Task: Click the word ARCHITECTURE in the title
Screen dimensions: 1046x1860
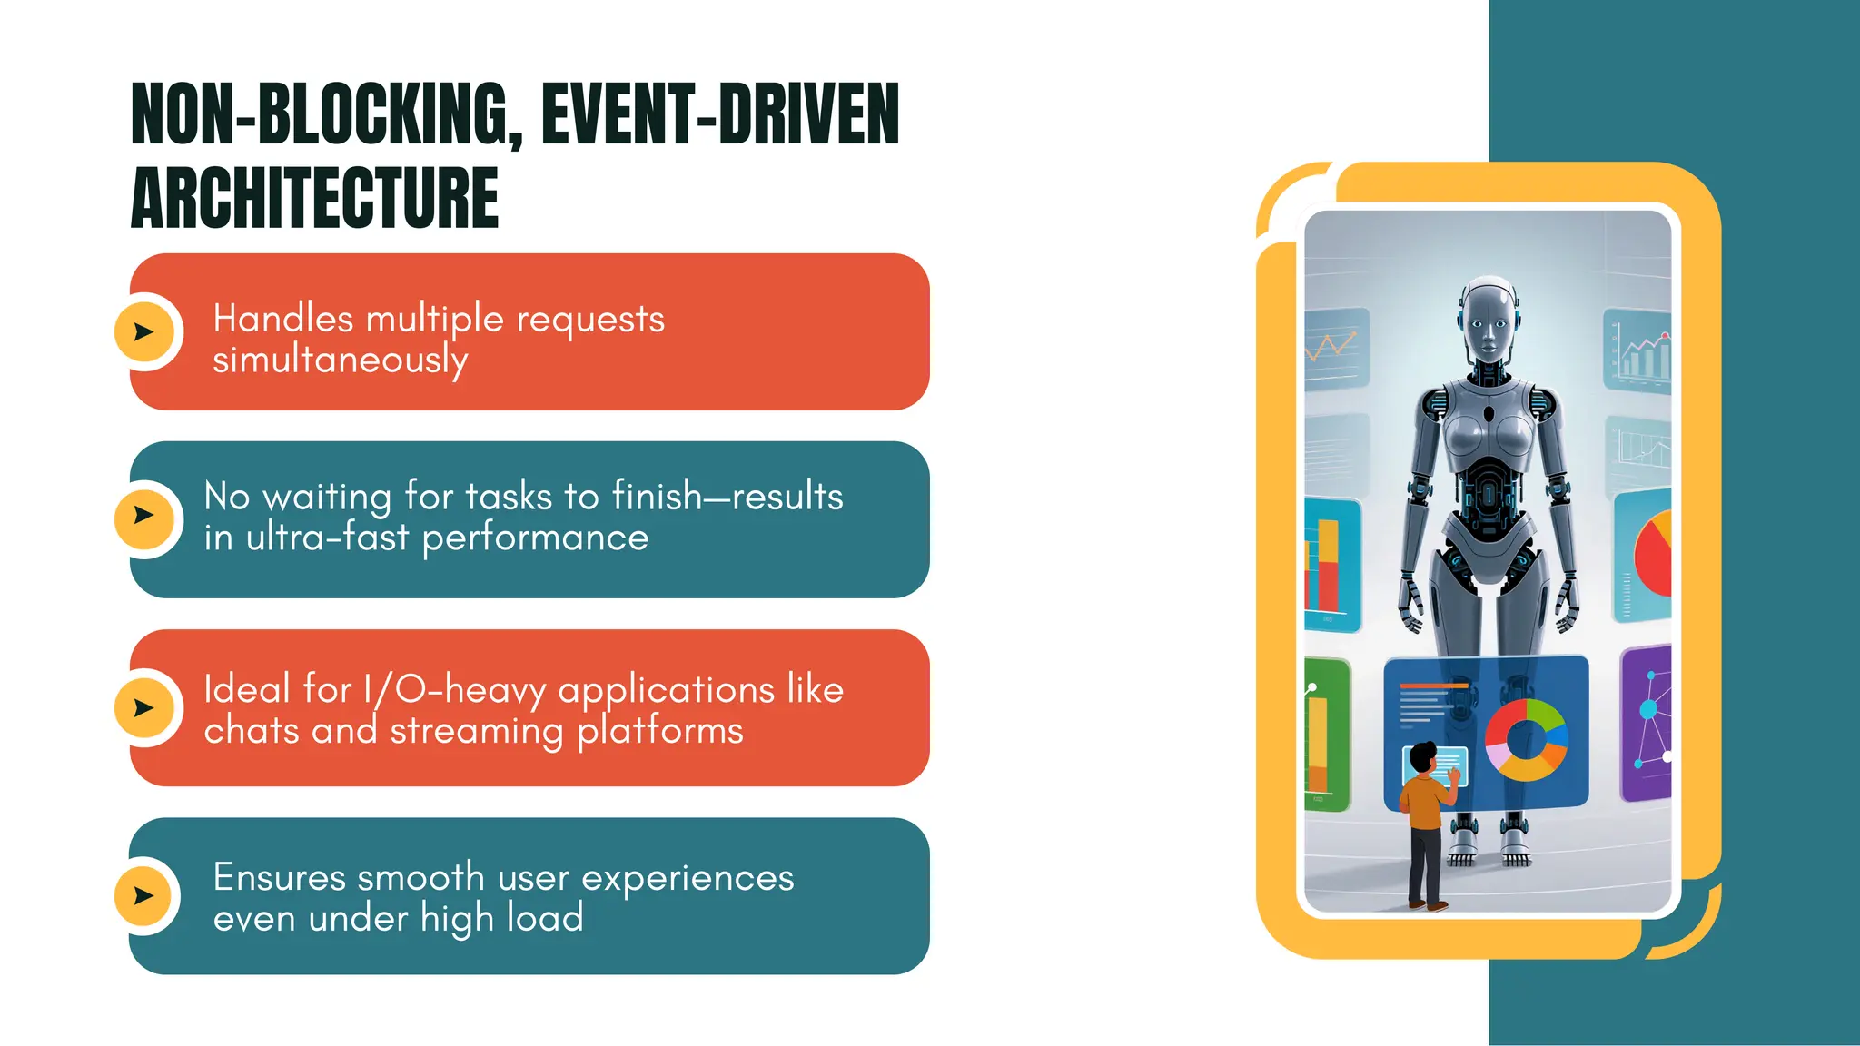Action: click(315, 197)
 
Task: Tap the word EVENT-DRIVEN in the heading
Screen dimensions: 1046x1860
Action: click(720, 114)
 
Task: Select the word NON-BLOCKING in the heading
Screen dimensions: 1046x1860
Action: click(322, 114)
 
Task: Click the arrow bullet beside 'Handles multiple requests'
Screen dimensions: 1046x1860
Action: click(143, 332)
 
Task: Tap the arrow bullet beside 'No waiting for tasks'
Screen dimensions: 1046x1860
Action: click(143, 516)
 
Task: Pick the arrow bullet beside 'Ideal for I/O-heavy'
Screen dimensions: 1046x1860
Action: click(143, 707)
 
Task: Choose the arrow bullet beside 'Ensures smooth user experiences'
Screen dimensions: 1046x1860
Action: click(143, 896)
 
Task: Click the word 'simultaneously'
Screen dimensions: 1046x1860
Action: click(341, 360)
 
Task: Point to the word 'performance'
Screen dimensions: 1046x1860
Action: click(536, 538)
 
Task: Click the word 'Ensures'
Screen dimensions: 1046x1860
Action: click(280, 878)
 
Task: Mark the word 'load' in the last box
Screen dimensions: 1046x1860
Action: click(545, 918)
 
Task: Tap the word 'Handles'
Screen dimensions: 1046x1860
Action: click(282, 320)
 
